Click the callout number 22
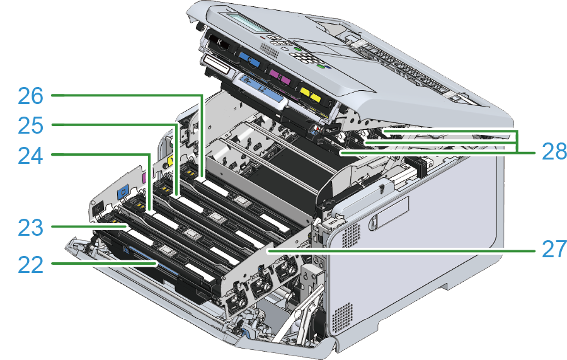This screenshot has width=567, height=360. click(x=31, y=265)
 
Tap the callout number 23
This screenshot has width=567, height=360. click(x=31, y=228)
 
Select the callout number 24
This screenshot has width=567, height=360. click(x=31, y=156)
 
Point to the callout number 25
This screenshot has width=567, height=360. click(x=31, y=126)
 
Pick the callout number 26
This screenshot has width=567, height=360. click(x=31, y=96)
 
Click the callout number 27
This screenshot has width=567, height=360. click(x=554, y=249)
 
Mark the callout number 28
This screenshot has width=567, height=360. click(x=554, y=151)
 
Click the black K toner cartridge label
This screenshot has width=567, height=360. click(x=219, y=44)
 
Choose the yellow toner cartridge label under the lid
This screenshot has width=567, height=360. click(x=311, y=94)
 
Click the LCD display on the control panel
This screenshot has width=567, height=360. click(x=245, y=21)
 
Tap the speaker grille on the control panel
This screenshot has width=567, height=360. click(x=269, y=50)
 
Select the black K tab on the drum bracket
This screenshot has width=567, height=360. click(x=97, y=209)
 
